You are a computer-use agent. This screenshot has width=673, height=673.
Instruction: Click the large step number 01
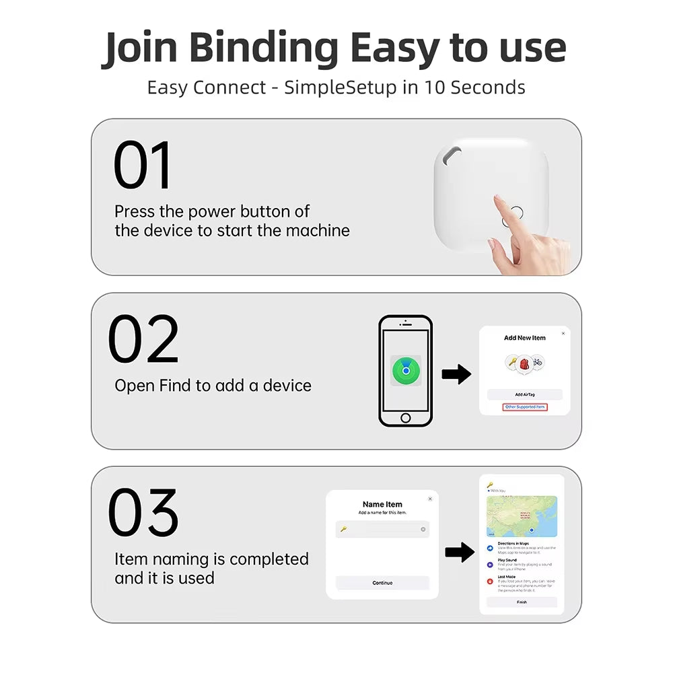click(x=143, y=165)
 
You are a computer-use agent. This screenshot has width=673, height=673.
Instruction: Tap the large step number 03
click(x=143, y=513)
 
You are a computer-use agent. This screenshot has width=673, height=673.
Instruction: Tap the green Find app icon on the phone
click(x=405, y=371)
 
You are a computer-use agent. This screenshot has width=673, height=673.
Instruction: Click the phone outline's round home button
click(x=405, y=418)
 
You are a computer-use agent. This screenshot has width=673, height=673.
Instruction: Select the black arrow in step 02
click(x=456, y=375)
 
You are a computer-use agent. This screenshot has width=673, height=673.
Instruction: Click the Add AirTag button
click(x=524, y=394)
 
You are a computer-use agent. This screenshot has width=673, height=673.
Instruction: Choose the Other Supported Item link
click(x=525, y=407)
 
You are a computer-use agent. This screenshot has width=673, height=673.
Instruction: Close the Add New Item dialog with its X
click(x=563, y=333)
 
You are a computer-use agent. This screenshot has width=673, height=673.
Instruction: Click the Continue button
click(x=382, y=583)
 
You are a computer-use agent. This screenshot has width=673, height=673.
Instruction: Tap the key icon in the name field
click(x=343, y=530)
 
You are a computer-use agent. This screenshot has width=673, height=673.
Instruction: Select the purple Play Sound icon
click(x=490, y=565)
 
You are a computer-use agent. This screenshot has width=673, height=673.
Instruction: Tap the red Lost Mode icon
click(x=490, y=581)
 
